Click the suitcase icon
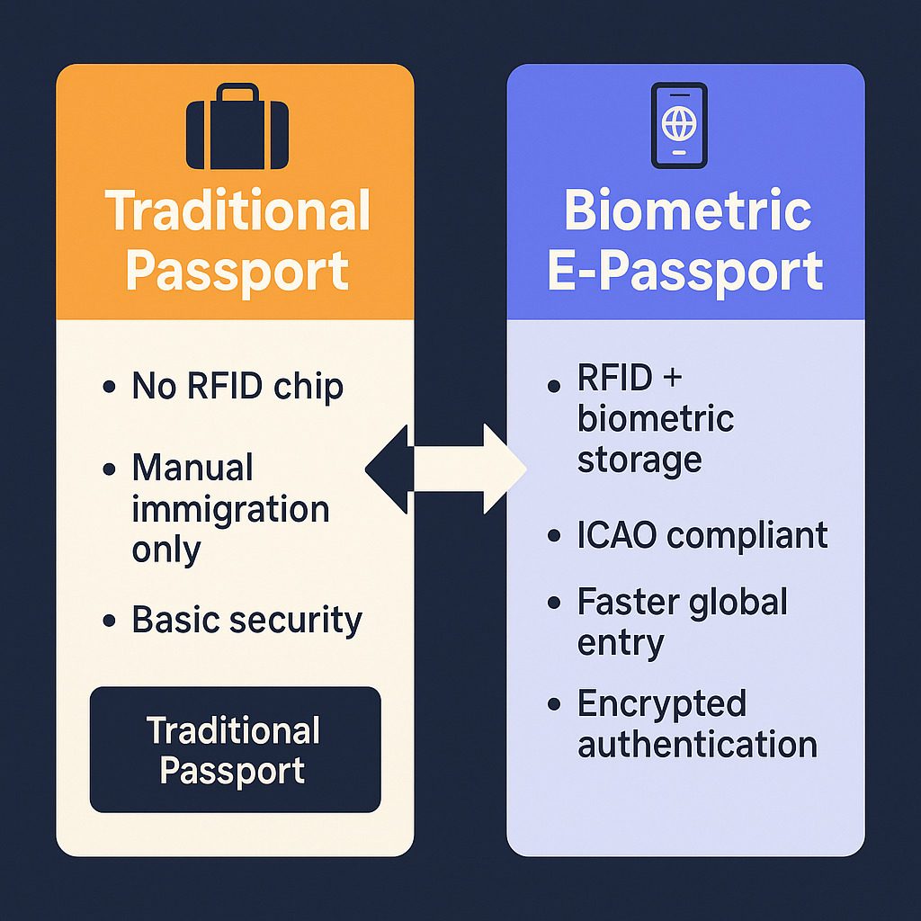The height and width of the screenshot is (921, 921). coord(237,126)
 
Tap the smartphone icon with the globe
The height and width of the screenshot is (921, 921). coord(679,125)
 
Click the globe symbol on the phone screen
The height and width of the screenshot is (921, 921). coord(679,122)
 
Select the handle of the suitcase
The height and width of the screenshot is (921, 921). coord(237,92)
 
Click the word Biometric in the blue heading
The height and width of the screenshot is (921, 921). coord(688,210)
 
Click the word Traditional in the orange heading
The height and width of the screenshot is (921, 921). coord(237,210)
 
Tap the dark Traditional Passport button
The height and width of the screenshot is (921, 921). coord(235,749)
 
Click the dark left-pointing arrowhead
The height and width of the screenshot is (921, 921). coord(388,469)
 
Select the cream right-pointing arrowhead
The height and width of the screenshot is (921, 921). coord(504,469)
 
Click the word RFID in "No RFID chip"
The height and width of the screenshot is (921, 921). coord(224,387)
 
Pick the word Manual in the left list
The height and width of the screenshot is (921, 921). coord(192,468)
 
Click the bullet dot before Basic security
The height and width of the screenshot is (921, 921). coord(109,621)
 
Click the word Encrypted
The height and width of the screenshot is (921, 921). coord(662,704)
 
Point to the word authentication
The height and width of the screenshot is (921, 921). coord(697,744)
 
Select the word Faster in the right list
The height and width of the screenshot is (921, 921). coord(628,602)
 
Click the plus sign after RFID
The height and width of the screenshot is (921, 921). coord(672,378)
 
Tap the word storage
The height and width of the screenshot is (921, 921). coord(639,460)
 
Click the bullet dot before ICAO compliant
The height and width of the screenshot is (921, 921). coord(554,536)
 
